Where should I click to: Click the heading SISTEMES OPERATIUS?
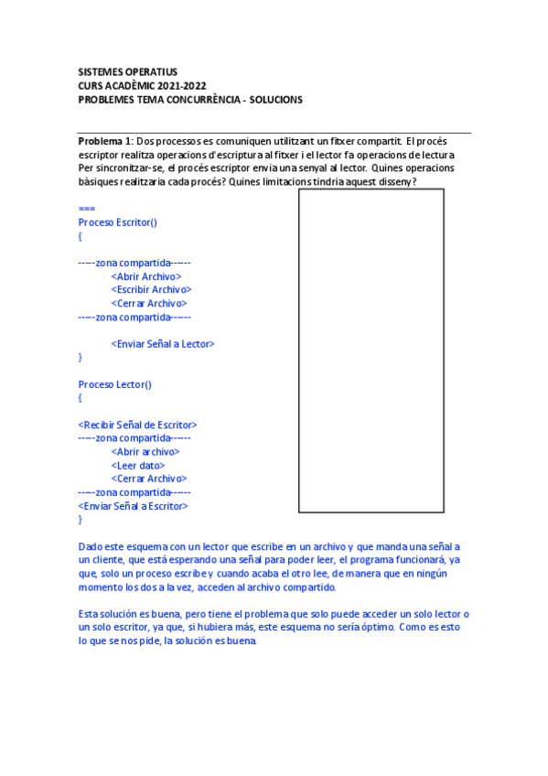127,71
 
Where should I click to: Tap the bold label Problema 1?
105,141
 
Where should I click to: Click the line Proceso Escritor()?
117,222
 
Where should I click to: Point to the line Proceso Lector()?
115,384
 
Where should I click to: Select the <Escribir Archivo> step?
151,289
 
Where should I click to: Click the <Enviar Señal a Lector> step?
163,344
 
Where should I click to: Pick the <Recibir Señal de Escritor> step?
137,425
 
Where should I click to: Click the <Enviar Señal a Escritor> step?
134,506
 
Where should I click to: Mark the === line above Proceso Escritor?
87,209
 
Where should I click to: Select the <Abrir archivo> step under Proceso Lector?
145,451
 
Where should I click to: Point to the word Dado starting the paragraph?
91,547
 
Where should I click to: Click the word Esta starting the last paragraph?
90,614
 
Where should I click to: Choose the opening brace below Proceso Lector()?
81,398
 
